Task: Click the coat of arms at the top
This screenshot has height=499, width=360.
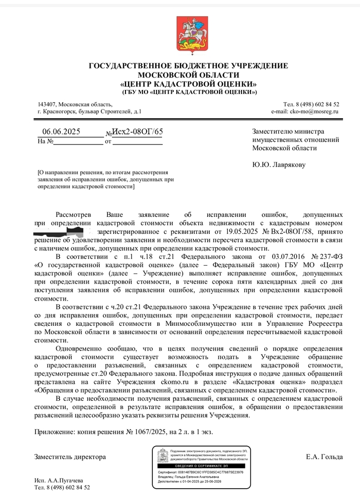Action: tap(185, 33)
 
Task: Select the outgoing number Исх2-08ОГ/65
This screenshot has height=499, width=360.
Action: tap(137, 132)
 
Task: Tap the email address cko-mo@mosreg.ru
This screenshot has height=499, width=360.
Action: tap(305, 111)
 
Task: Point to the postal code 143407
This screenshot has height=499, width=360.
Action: tap(49, 104)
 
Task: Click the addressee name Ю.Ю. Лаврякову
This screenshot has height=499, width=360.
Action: tap(279, 165)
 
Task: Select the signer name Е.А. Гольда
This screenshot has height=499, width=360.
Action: tap(321, 457)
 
